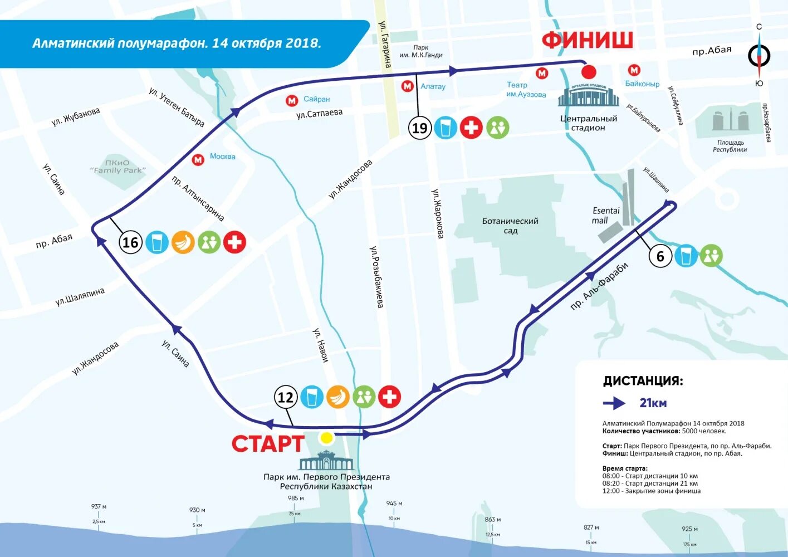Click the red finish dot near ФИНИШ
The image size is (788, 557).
pyautogui.click(x=589, y=72)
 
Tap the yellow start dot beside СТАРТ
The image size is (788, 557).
pyautogui.click(x=326, y=438)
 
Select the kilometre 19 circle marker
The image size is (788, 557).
pyautogui.click(x=419, y=128)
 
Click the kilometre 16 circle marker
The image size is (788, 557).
pyautogui.click(x=130, y=242)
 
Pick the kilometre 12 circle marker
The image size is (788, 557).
pyautogui.click(x=285, y=397)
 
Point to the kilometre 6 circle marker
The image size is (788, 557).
pyautogui.click(x=660, y=256)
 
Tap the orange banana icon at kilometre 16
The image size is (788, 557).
pyautogui.click(x=183, y=242)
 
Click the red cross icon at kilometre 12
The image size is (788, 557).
pyautogui.click(x=389, y=397)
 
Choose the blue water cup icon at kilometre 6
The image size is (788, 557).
pyautogui.click(x=686, y=256)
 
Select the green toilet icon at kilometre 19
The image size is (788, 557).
pyautogui.click(x=497, y=128)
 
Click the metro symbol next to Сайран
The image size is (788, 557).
pyautogui.click(x=292, y=100)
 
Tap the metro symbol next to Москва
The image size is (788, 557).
pyautogui.click(x=198, y=160)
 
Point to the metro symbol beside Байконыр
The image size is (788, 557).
pyautogui.click(x=634, y=70)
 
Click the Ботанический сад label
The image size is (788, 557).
pyautogui.click(x=510, y=226)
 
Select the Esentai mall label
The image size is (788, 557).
pyautogui.click(x=605, y=216)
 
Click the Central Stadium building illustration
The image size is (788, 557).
pyautogui.click(x=588, y=95)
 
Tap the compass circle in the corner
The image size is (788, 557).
pyautogui.click(x=758, y=56)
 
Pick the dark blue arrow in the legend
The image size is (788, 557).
pyautogui.click(x=615, y=403)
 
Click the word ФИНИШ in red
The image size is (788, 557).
pyautogui.click(x=588, y=40)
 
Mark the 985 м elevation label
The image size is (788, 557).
pyautogui.click(x=296, y=499)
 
